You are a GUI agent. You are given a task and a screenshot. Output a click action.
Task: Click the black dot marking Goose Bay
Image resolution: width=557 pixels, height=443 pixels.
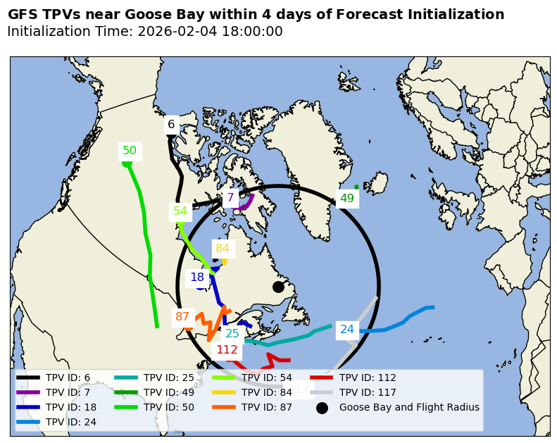[x=278, y=287]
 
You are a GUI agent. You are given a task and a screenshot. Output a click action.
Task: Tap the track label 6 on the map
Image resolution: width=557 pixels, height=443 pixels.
[x=171, y=125]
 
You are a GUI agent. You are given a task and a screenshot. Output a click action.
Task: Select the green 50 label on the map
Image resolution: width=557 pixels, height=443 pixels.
[x=130, y=151]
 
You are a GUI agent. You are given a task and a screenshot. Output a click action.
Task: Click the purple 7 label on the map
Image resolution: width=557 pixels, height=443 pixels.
[x=230, y=198]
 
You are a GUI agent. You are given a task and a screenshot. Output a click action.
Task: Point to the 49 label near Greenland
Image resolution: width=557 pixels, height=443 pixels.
[x=347, y=199]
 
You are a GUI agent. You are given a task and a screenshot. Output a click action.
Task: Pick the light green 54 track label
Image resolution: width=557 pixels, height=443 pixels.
[x=180, y=211]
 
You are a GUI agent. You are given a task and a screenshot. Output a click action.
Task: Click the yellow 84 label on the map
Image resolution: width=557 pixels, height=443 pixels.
[x=223, y=249]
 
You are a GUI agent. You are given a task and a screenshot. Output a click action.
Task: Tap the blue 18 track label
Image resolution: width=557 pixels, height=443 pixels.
[x=197, y=277]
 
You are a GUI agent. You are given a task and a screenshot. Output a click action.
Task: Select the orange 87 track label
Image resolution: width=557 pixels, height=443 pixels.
[x=182, y=317]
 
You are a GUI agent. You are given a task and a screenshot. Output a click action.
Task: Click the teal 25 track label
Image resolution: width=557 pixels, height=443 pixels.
[x=232, y=334]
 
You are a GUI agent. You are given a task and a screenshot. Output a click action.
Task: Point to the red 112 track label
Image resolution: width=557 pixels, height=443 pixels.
[x=227, y=350]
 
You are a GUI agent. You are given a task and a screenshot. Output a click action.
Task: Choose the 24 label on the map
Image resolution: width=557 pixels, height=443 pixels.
[x=347, y=330]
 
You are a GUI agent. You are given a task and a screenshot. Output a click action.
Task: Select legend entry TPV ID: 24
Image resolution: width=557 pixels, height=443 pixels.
[x=70, y=422]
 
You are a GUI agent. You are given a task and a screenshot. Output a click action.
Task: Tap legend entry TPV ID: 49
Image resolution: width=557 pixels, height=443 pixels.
[x=168, y=392]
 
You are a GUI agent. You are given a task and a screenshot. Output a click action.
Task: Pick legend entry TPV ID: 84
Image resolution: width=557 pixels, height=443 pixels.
[x=266, y=392]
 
